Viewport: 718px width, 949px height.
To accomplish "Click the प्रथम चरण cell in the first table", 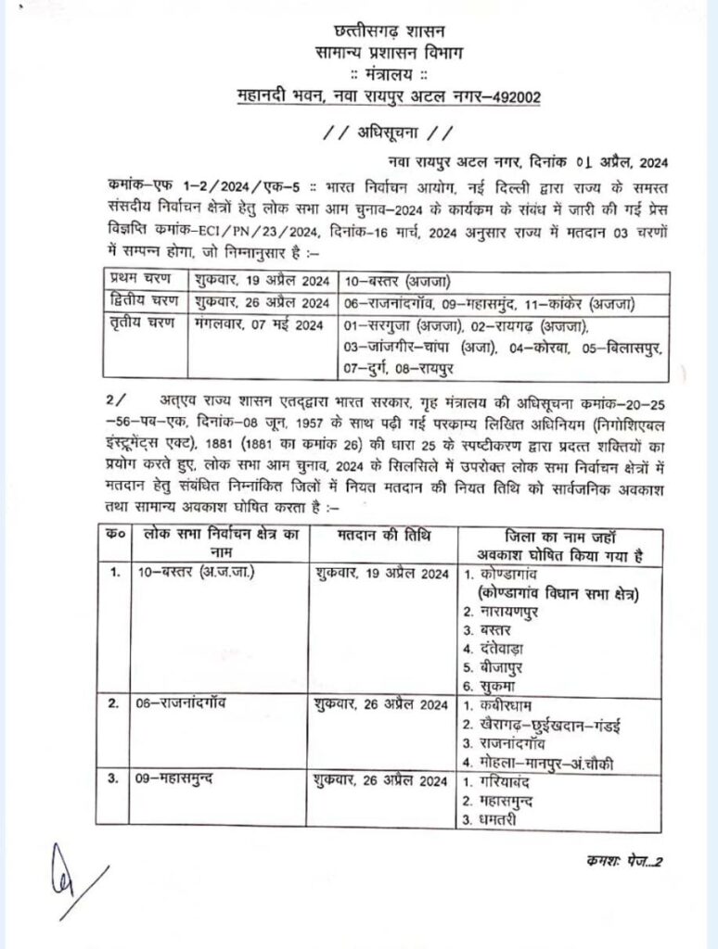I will [136, 277].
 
